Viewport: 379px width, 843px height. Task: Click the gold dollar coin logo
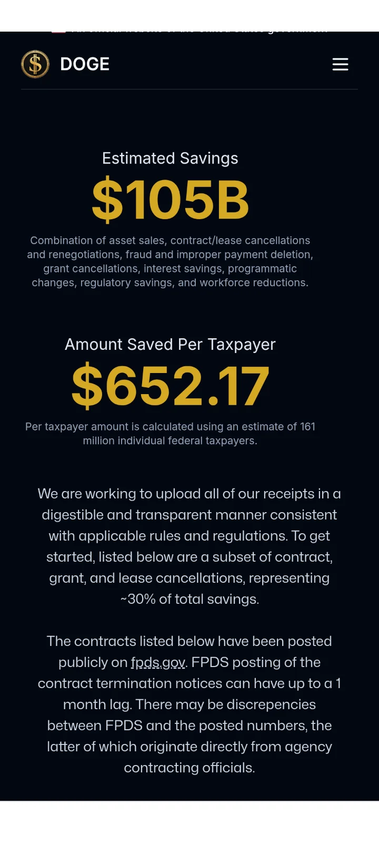(x=35, y=64)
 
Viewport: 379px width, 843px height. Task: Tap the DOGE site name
(x=85, y=64)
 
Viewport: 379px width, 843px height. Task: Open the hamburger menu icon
(x=340, y=64)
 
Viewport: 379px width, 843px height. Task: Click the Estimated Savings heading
(x=170, y=158)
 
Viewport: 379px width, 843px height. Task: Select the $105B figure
(x=170, y=200)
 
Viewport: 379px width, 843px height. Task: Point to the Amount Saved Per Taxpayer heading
(x=170, y=344)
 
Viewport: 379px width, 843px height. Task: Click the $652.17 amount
(x=170, y=386)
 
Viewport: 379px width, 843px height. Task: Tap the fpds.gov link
(x=158, y=662)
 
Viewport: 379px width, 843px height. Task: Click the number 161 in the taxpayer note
(x=307, y=427)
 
